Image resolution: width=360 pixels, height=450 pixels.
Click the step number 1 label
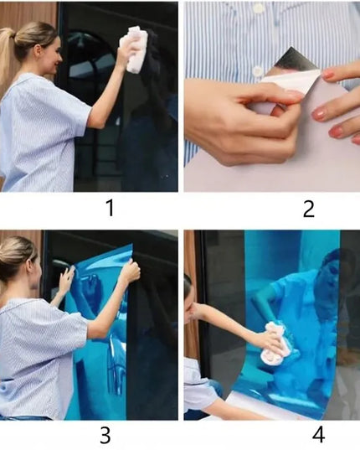click(111, 208)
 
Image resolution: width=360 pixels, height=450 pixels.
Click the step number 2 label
click(309, 209)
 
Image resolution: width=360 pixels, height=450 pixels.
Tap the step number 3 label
click(105, 435)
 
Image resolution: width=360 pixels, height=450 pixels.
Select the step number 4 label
click(318, 435)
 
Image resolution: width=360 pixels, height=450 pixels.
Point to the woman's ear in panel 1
click(39, 52)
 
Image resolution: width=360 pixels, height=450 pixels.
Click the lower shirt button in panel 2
click(257, 70)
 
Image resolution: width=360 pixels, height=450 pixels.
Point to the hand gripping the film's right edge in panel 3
click(131, 271)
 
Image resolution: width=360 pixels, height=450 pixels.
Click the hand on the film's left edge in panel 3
click(67, 277)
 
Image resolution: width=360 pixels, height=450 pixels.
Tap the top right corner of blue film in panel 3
click(132, 244)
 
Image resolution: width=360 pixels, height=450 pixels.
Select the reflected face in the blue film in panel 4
click(332, 266)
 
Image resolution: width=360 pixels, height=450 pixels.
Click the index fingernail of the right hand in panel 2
click(328, 75)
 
